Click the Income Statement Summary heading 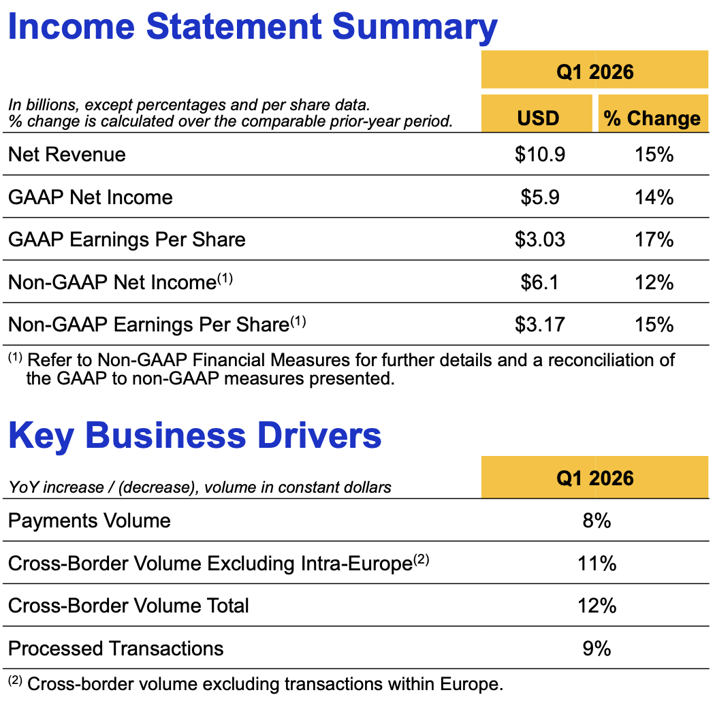coord(252,27)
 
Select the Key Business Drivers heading coord(195,436)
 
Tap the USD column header coord(537,118)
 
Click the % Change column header coord(652,118)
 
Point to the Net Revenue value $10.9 coord(540,154)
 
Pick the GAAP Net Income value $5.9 coord(540,197)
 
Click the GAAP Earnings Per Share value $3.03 coord(540,240)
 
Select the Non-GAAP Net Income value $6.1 coord(540,282)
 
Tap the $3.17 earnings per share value coord(540,324)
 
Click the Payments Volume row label coord(89,521)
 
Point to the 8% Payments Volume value coord(597,521)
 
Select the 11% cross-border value coord(597,564)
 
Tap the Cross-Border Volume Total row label coord(129,606)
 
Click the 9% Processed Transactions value coord(597,649)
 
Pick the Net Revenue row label coord(67,154)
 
